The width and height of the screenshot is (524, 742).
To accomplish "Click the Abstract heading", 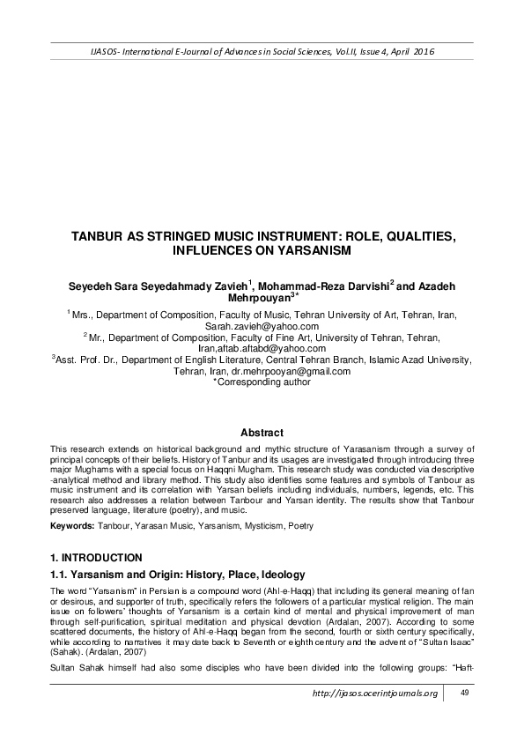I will [x=262, y=433].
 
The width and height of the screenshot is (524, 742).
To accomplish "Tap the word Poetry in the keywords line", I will [x=299, y=526].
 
